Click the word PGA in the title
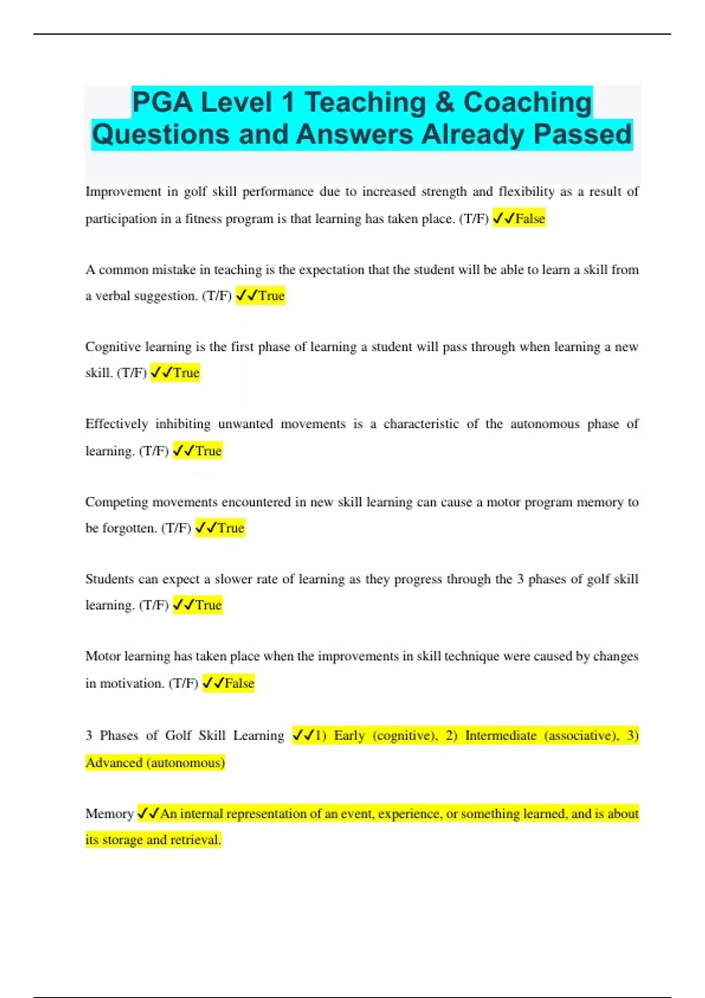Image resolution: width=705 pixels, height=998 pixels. [162, 103]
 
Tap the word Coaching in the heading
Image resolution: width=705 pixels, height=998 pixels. [528, 103]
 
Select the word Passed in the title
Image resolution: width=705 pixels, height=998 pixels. [582, 134]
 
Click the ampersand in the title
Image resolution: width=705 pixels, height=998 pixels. [445, 103]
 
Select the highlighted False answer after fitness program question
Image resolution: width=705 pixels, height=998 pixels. [530, 219]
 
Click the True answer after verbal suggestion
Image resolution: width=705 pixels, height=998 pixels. [271, 296]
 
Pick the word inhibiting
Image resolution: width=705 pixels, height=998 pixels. [183, 424]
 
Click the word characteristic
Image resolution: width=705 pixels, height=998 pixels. [421, 424]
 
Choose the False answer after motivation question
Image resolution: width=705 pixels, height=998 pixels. [239, 683]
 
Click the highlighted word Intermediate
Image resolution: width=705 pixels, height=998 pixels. [501, 736]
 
